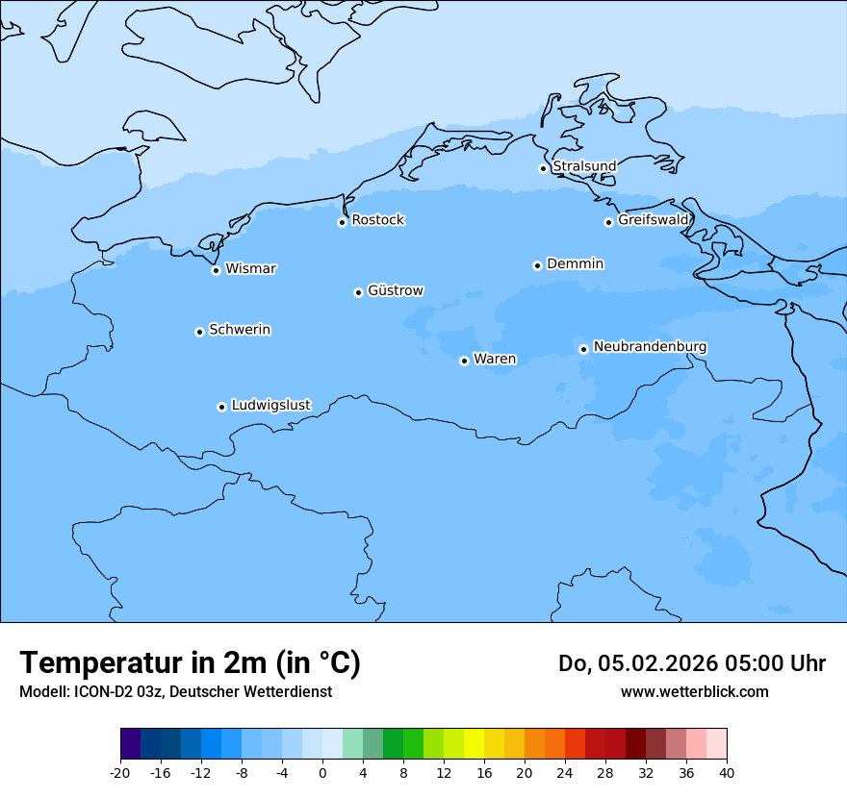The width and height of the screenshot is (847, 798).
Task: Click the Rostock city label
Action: click(378, 220)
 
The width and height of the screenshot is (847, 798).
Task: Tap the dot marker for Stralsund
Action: click(543, 168)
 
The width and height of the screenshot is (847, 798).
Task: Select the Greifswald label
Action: click(654, 220)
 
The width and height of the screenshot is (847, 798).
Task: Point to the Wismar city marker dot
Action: click(216, 270)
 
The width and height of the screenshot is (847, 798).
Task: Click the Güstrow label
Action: click(396, 290)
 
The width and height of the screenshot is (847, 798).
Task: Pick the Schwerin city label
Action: click(240, 330)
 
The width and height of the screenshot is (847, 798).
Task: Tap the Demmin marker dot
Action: click(537, 265)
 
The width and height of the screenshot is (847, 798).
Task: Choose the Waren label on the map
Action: click(495, 360)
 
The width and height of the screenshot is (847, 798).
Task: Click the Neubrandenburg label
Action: click(651, 346)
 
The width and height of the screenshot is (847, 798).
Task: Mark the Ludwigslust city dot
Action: click(221, 407)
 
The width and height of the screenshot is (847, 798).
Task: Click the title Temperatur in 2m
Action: click(190, 663)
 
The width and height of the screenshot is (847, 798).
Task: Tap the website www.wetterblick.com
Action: click(695, 691)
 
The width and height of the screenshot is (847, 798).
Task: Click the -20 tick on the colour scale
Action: click(120, 773)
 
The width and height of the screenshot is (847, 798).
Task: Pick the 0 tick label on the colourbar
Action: click(322, 773)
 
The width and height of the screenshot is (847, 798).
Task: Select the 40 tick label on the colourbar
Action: click(727, 773)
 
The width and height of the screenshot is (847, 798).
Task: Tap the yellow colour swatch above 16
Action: click(475, 744)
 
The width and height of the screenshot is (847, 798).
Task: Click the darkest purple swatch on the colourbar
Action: click(131, 744)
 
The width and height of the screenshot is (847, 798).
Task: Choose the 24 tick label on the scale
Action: click(565, 773)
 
